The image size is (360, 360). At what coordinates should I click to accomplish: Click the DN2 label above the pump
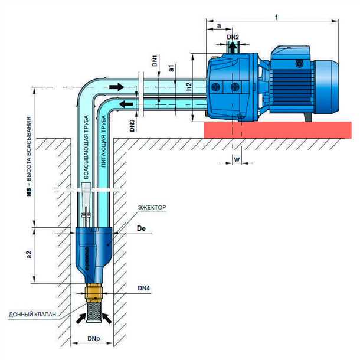[233, 37]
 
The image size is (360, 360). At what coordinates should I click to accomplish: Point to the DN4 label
[145, 288]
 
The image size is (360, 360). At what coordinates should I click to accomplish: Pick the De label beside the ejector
[140, 227]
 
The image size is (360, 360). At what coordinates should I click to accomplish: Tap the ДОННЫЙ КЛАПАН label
[32, 315]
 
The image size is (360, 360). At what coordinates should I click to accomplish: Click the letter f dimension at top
[276, 17]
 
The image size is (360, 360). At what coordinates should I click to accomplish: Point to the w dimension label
[236, 158]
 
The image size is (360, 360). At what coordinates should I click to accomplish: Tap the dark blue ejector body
[92, 248]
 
